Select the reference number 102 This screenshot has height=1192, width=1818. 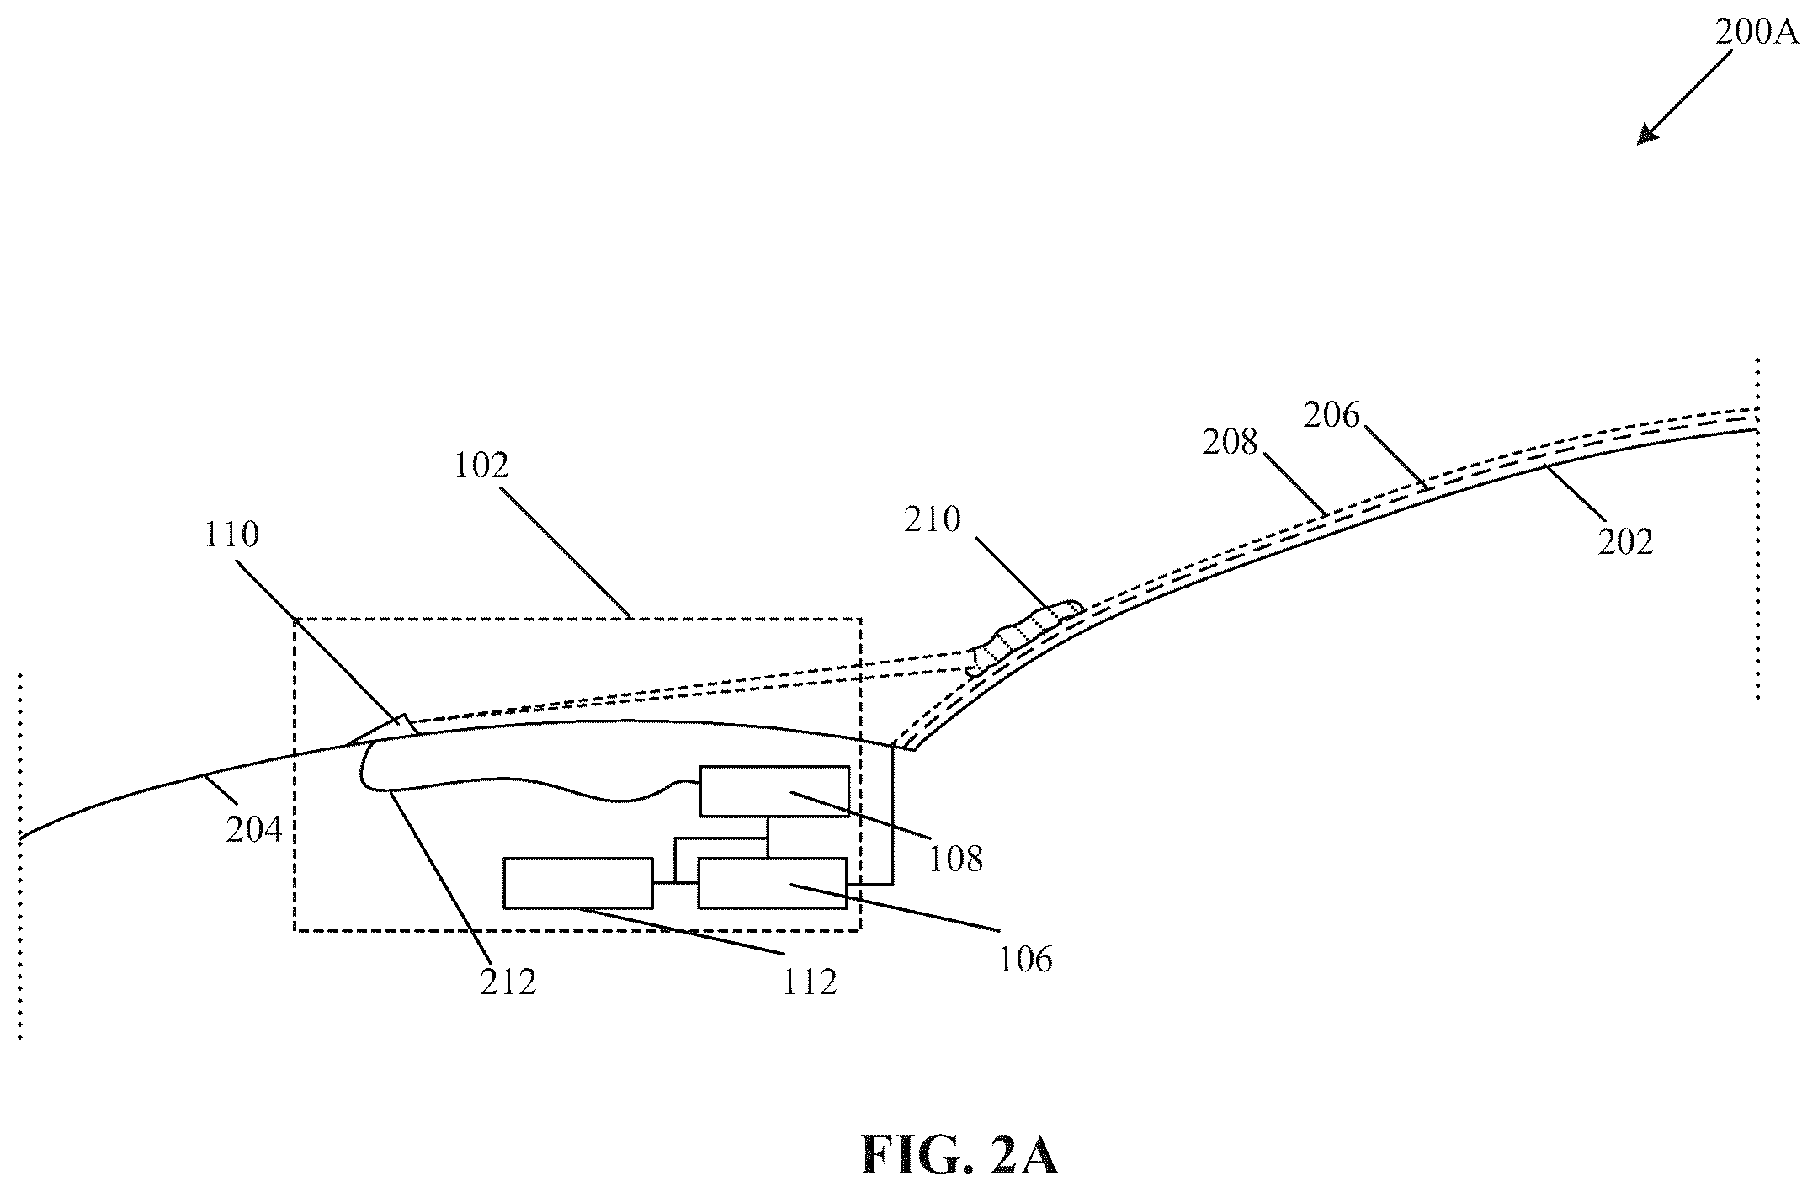[x=481, y=466]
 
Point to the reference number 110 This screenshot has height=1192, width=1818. [x=231, y=535]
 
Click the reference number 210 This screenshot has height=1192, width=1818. [x=933, y=520]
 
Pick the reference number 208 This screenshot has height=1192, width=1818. [x=1230, y=443]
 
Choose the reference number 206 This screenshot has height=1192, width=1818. [x=1332, y=415]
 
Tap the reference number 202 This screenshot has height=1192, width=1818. [x=1626, y=541]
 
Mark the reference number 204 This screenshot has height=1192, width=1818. [x=254, y=829]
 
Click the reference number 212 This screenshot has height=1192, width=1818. [x=508, y=982]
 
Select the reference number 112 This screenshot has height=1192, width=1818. [x=810, y=982]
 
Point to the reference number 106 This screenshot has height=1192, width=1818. [x=1025, y=960]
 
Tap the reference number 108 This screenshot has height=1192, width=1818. [x=956, y=859]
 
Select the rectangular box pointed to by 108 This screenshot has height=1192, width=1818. [x=774, y=790]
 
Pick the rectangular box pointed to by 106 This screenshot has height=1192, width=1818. [x=773, y=883]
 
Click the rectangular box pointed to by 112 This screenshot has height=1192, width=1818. [x=578, y=883]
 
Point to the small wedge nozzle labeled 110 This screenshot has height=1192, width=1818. [x=383, y=731]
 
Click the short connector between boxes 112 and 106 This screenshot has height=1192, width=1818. [x=676, y=883]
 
